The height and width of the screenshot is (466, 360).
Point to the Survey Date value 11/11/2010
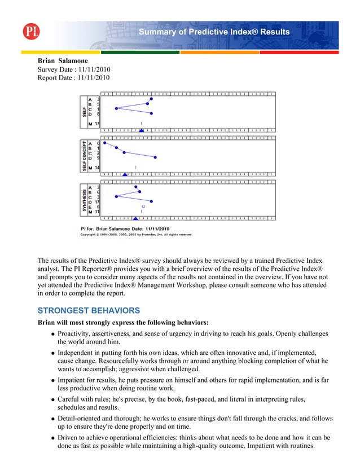(93, 69)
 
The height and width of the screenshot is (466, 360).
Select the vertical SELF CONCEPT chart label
(84, 155)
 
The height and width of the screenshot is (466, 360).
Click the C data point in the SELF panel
(116, 108)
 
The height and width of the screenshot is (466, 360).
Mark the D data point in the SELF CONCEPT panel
(155, 157)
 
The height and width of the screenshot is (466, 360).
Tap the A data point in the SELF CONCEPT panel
(105, 143)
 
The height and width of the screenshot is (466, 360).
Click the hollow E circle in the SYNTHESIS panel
(143, 206)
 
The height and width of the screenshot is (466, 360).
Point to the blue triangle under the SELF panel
(141, 131)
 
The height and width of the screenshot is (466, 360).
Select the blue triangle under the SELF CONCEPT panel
(125, 174)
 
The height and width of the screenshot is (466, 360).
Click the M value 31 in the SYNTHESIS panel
(97, 212)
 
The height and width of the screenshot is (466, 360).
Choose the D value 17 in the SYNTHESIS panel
(97, 201)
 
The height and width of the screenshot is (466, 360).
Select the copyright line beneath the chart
(135, 234)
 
